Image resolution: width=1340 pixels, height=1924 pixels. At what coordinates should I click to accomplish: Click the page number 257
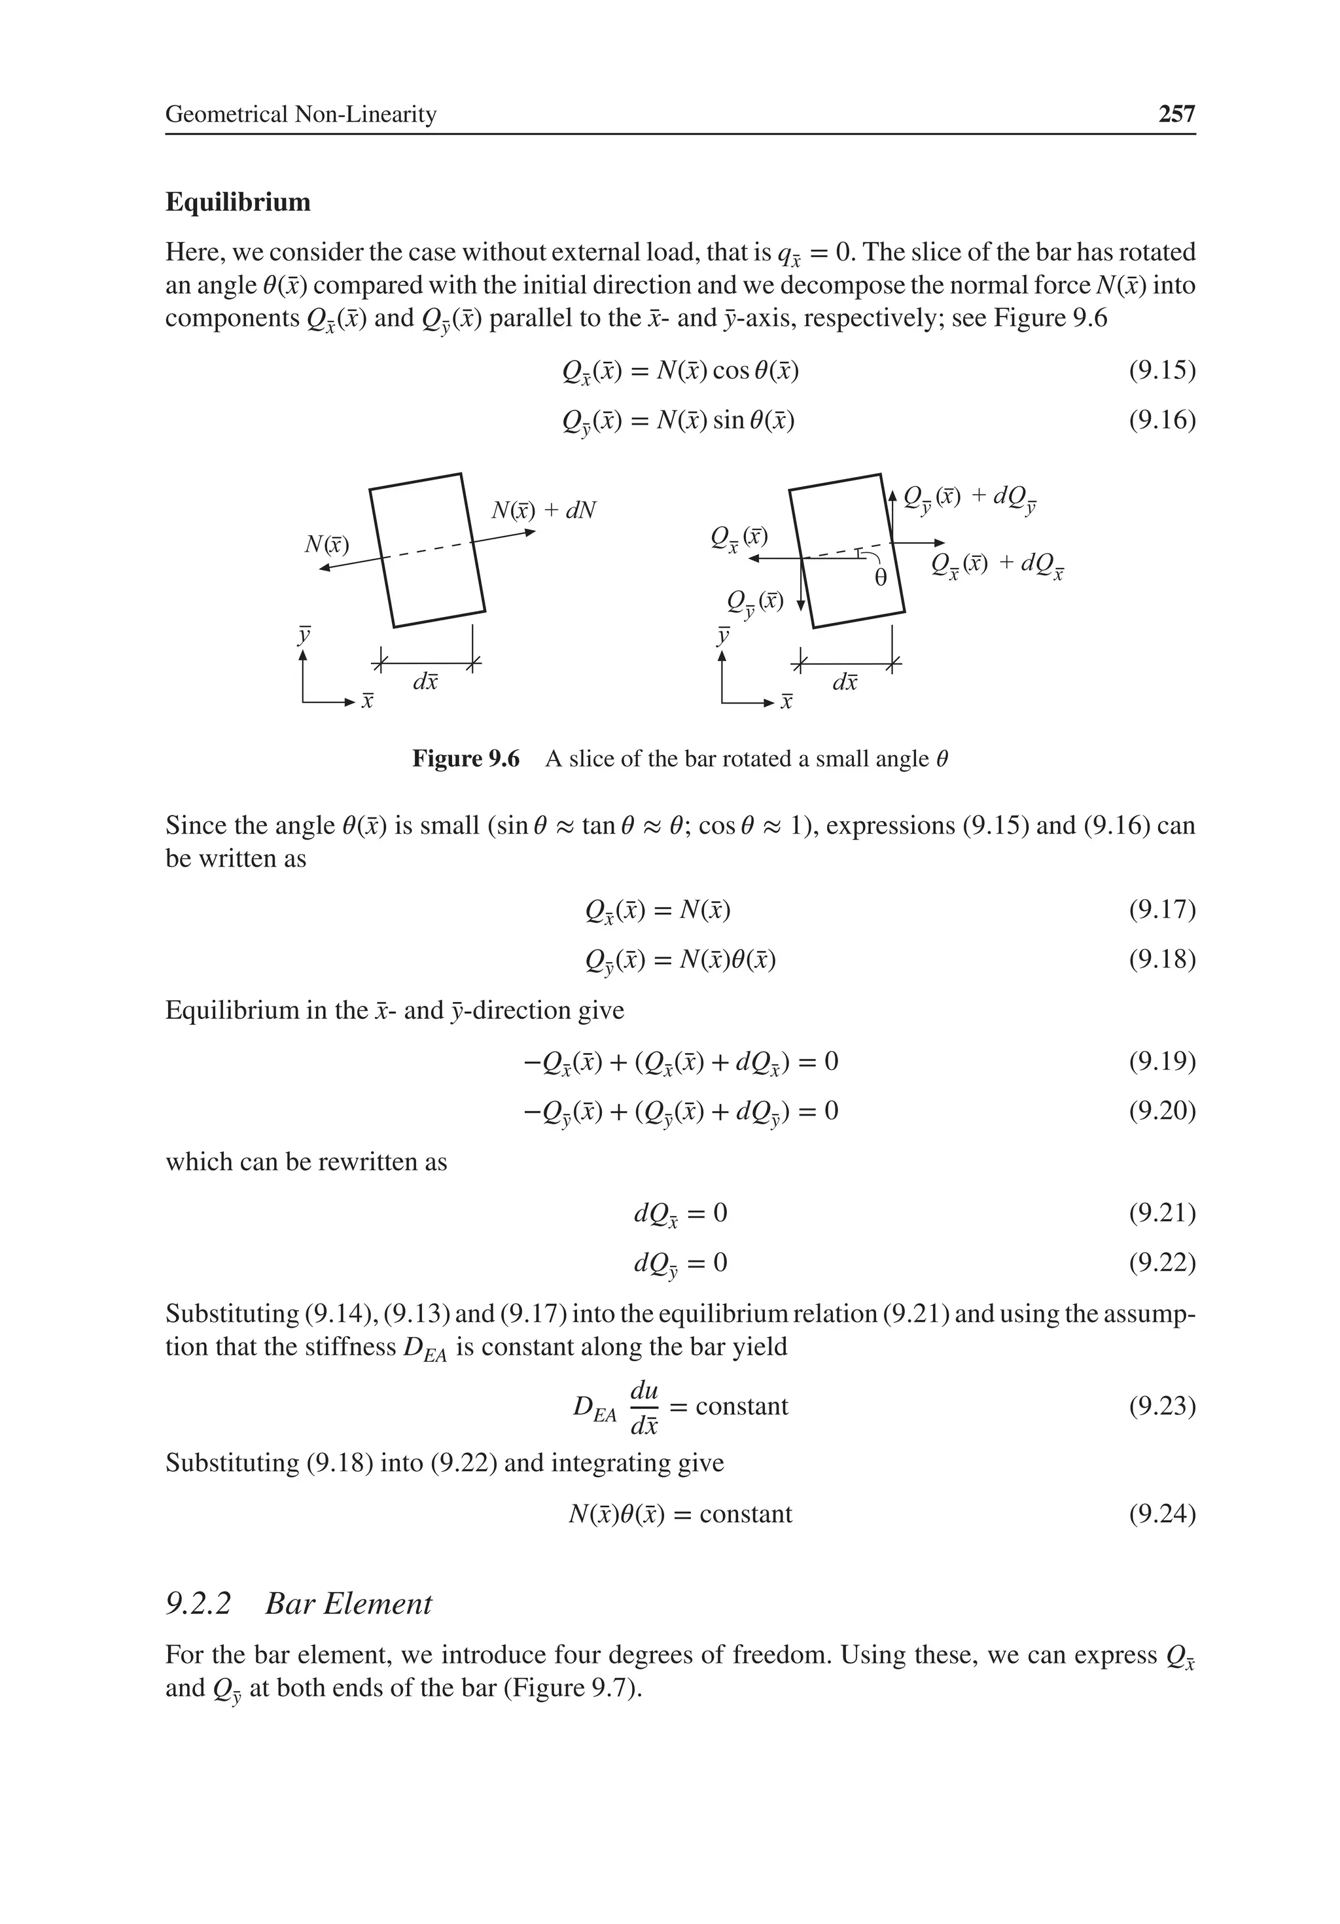coord(1176,114)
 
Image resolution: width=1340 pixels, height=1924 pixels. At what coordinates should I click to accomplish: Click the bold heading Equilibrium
coord(238,202)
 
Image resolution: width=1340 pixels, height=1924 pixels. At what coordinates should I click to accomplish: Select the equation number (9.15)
coord(1161,370)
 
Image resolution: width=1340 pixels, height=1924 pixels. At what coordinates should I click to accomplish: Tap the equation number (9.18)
coord(1161,959)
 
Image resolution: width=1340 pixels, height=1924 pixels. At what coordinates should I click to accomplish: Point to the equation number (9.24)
coord(1161,1514)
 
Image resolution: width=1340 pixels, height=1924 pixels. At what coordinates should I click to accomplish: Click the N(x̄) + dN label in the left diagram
coord(543,510)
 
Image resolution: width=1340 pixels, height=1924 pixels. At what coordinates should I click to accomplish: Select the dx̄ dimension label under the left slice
coord(426,682)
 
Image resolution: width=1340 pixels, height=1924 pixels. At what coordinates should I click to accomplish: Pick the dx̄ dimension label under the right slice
coord(845,682)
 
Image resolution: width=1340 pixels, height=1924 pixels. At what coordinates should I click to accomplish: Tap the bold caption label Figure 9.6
coord(465,759)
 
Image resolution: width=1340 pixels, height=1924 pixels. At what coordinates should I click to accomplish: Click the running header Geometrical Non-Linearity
coord(301,114)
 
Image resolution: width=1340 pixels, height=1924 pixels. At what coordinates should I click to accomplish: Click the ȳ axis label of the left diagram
coord(304,634)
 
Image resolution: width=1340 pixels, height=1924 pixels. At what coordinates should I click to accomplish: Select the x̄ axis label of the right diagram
coord(786,702)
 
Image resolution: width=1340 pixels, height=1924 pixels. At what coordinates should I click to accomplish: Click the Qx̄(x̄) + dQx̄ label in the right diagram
coord(997,565)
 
